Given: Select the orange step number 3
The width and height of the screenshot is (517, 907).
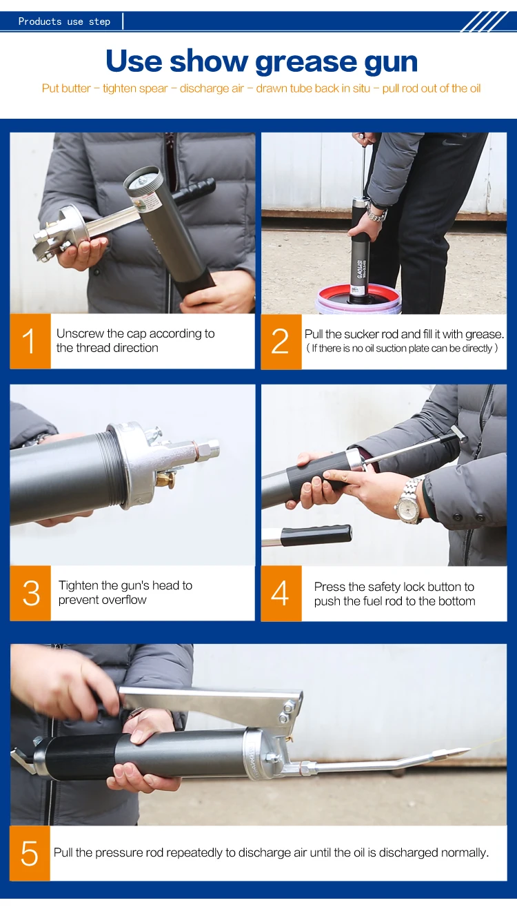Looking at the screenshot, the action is [30, 593].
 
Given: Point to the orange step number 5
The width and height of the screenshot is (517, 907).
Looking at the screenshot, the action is [30, 853].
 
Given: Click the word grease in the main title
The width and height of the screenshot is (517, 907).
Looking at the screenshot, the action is [306, 62].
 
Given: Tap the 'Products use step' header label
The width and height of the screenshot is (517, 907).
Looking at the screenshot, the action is [64, 21].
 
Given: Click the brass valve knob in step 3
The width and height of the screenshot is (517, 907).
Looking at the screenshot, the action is [170, 480].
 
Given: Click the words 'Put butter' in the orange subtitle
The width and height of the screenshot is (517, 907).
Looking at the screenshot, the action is [66, 88].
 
